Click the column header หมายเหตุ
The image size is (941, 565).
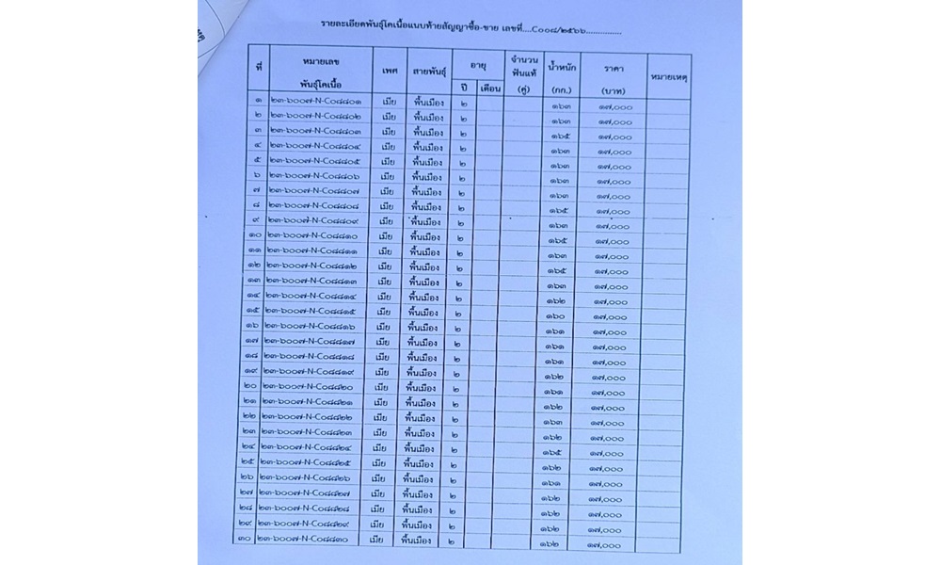click(669, 76)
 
